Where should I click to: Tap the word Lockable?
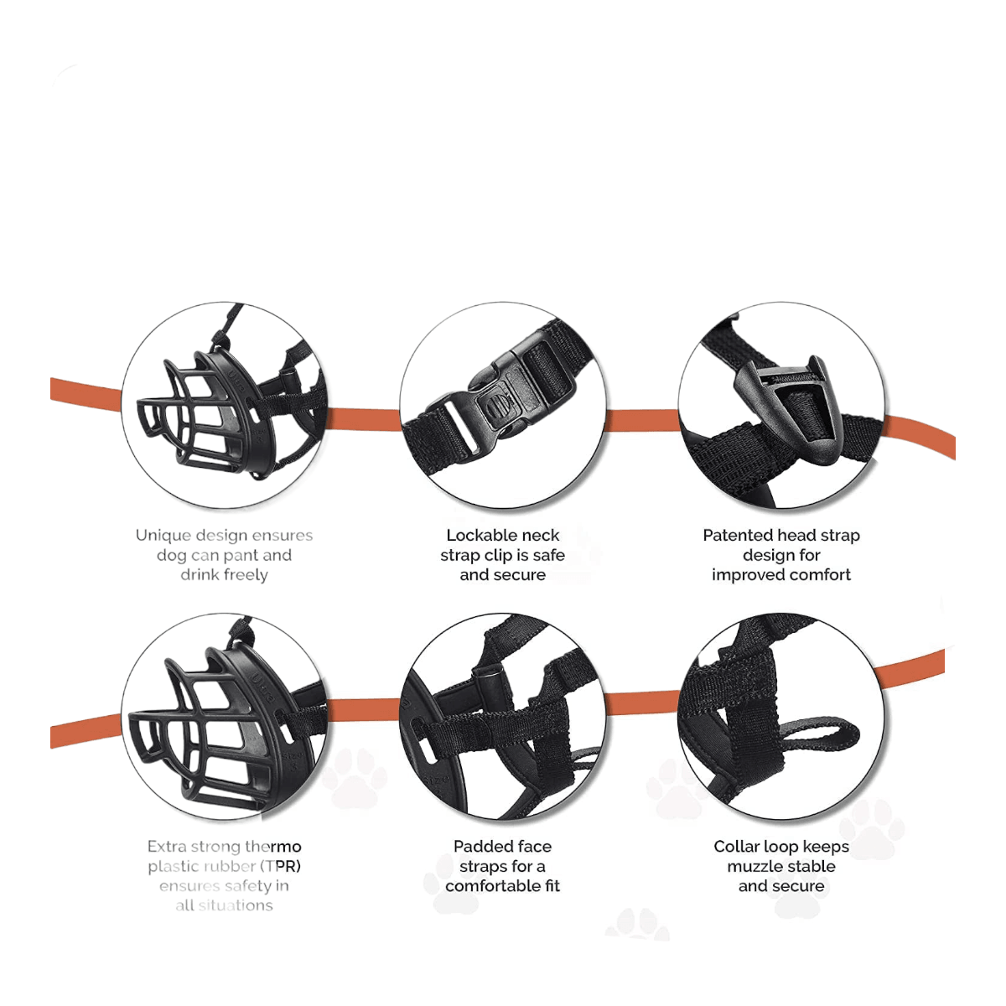click(x=476, y=535)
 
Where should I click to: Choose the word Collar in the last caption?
click(x=735, y=846)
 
